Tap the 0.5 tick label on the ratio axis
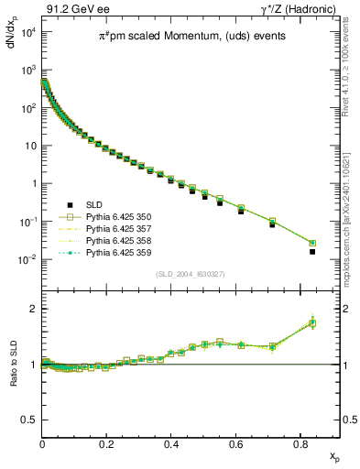[x=29, y=420]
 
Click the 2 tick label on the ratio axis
[x=35, y=309]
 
